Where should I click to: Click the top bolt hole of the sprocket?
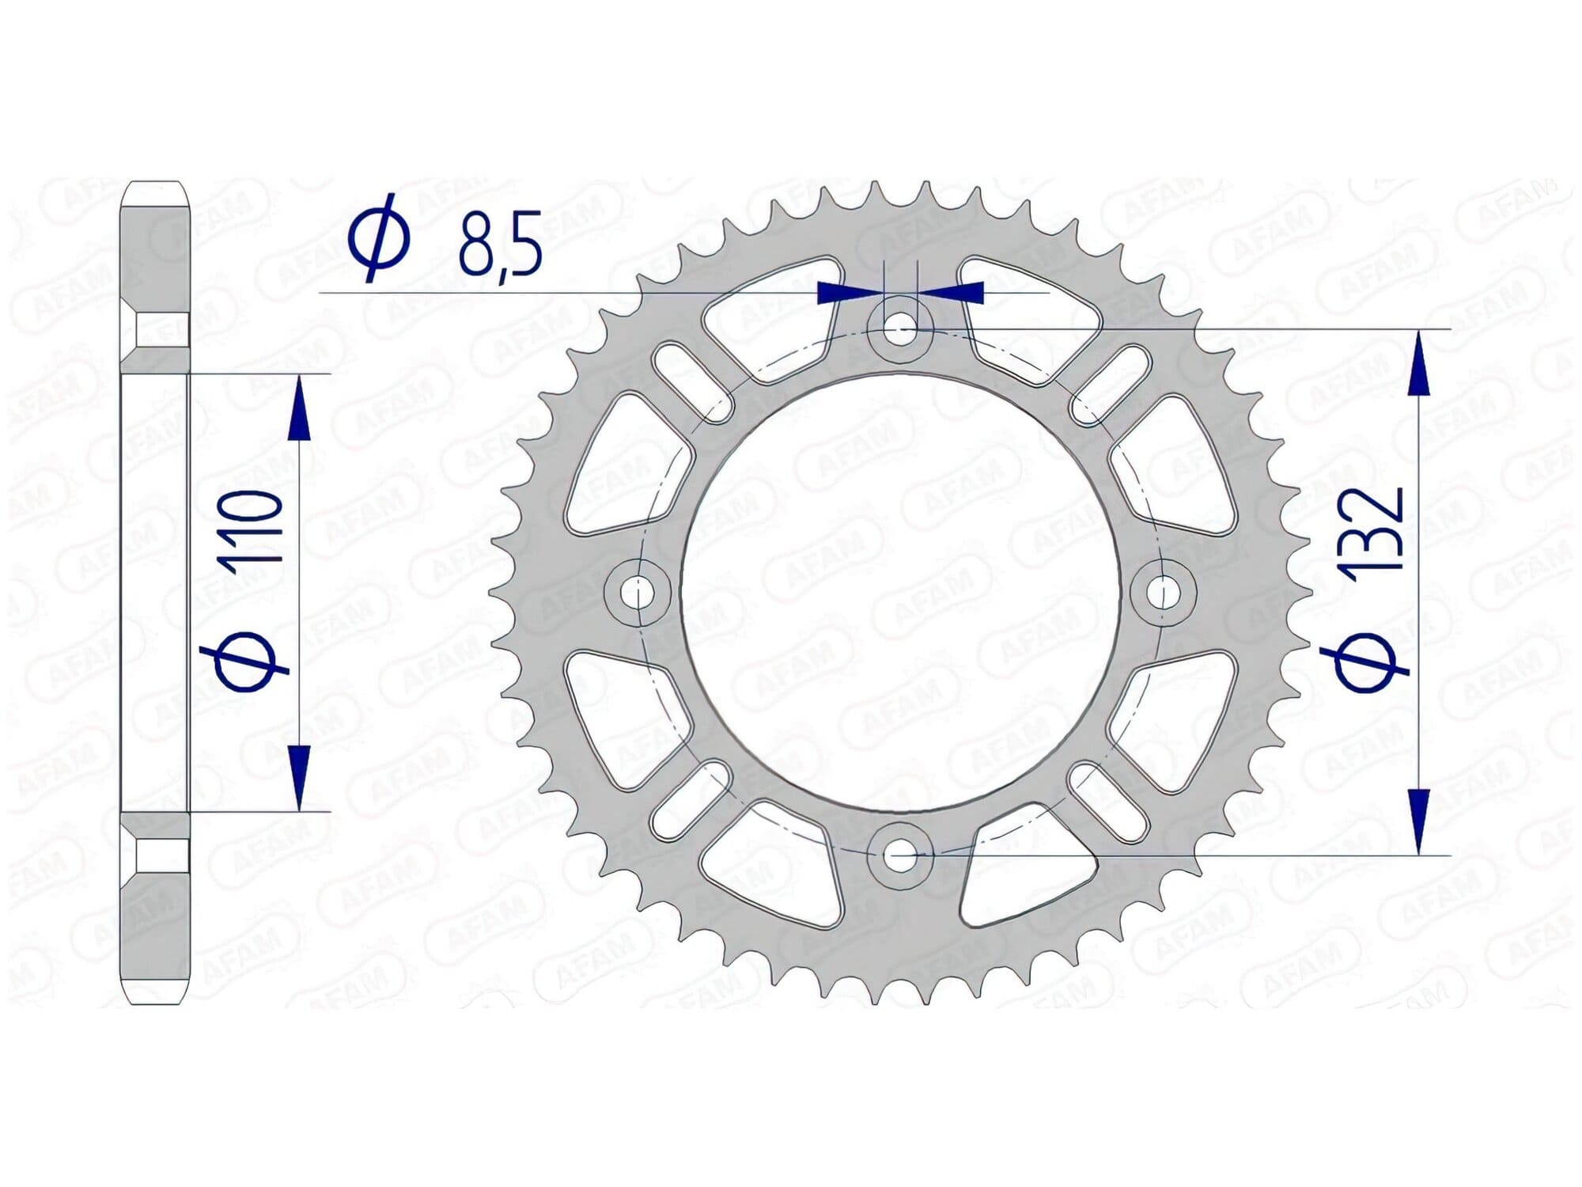click(900, 327)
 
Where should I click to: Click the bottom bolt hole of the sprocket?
click(900, 855)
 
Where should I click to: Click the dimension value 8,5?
click(501, 242)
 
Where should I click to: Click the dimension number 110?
click(252, 526)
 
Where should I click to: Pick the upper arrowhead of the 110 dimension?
click(299, 408)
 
